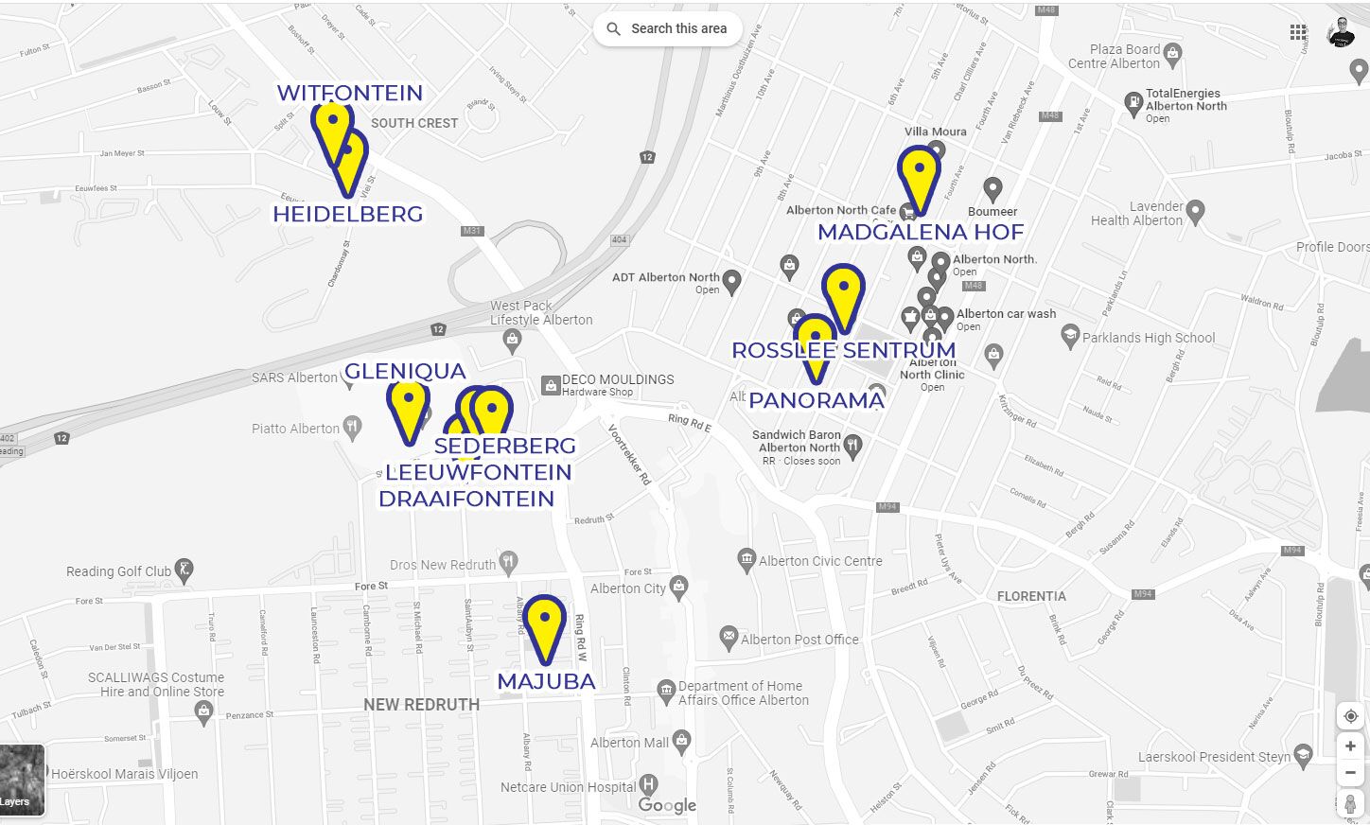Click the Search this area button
pos(668,28)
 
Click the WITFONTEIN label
pos(349,93)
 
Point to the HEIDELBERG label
pos(347,215)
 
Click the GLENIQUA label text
pos(405,371)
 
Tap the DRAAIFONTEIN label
pos(466,499)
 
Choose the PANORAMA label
pos(817,400)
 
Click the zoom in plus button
pos(1350,746)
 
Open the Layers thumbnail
pos(21,780)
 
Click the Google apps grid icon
pos(1298,32)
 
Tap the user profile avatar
pos(1341,32)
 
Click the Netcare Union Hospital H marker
pos(648,784)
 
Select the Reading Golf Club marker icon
pos(184,570)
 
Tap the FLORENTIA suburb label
pos(1031,596)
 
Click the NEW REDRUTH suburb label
pos(421,705)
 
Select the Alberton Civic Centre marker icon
pos(746,559)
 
